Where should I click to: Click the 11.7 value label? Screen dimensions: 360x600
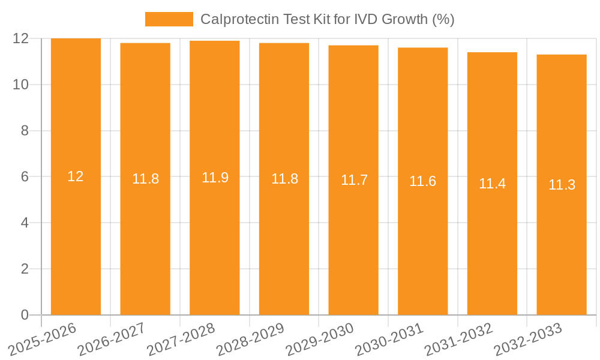[354, 180]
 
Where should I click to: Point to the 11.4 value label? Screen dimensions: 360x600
[492, 184]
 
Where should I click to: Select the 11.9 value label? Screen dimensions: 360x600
[215, 178]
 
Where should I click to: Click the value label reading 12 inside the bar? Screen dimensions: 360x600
[76, 176]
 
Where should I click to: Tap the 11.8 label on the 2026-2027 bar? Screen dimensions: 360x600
[145, 179]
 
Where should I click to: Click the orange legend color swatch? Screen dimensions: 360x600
[169, 19]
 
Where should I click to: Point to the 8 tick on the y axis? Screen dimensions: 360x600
[25, 131]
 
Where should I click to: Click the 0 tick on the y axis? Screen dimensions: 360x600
[25, 315]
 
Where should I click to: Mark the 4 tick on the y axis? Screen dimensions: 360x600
[25, 223]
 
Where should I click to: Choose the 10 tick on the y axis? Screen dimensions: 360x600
[21, 85]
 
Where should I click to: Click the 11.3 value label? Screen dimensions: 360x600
[562, 185]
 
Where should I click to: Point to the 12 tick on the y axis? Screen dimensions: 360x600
[21, 38]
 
